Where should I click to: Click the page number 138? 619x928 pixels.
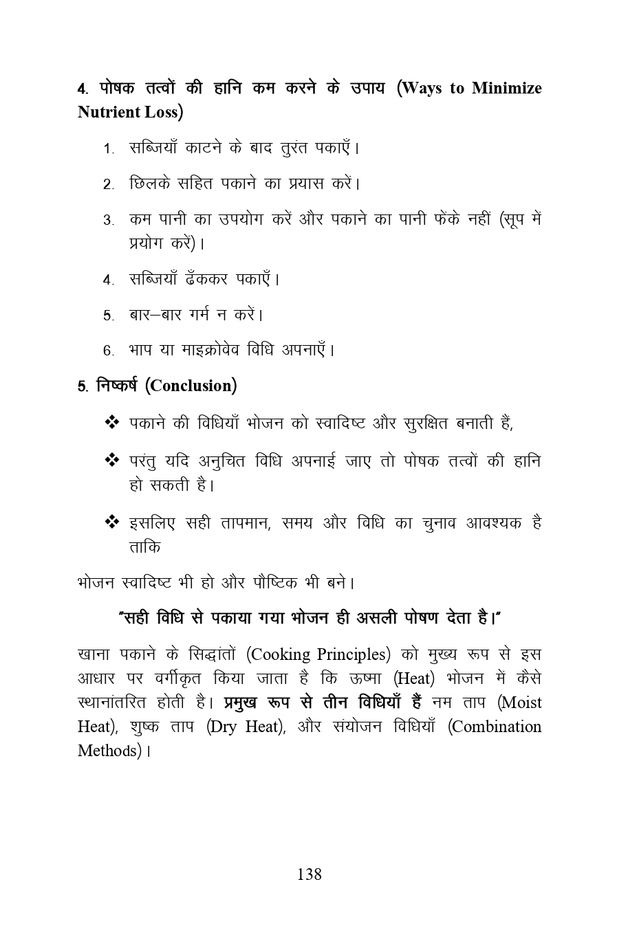(x=309, y=874)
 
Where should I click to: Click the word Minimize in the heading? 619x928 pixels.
(x=507, y=89)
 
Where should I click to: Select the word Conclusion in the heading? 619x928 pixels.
(x=191, y=386)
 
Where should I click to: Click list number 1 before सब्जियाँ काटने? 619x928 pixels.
(x=108, y=149)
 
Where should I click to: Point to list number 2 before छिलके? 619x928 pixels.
(x=108, y=185)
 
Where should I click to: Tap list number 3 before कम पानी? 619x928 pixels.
(x=108, y=221)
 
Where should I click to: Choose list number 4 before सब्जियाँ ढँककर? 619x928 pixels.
(x=108, y=280)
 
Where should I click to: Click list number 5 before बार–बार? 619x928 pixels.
(x=108, y=316)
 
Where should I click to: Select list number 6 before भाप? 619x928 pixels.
(x=108, y=351)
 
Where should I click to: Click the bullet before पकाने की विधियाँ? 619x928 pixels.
(x=111, y=422)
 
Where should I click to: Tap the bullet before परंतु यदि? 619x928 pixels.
(x=111, y=460)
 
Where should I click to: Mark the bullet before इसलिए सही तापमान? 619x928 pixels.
(x=111, y=522)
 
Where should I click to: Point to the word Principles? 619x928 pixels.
(x=354, y=654)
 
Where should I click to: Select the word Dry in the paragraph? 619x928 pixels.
(x=224, y=727)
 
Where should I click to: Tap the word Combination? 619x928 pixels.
(x=497, y=727)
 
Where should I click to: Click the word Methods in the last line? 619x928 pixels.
(x=109, y=751)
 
